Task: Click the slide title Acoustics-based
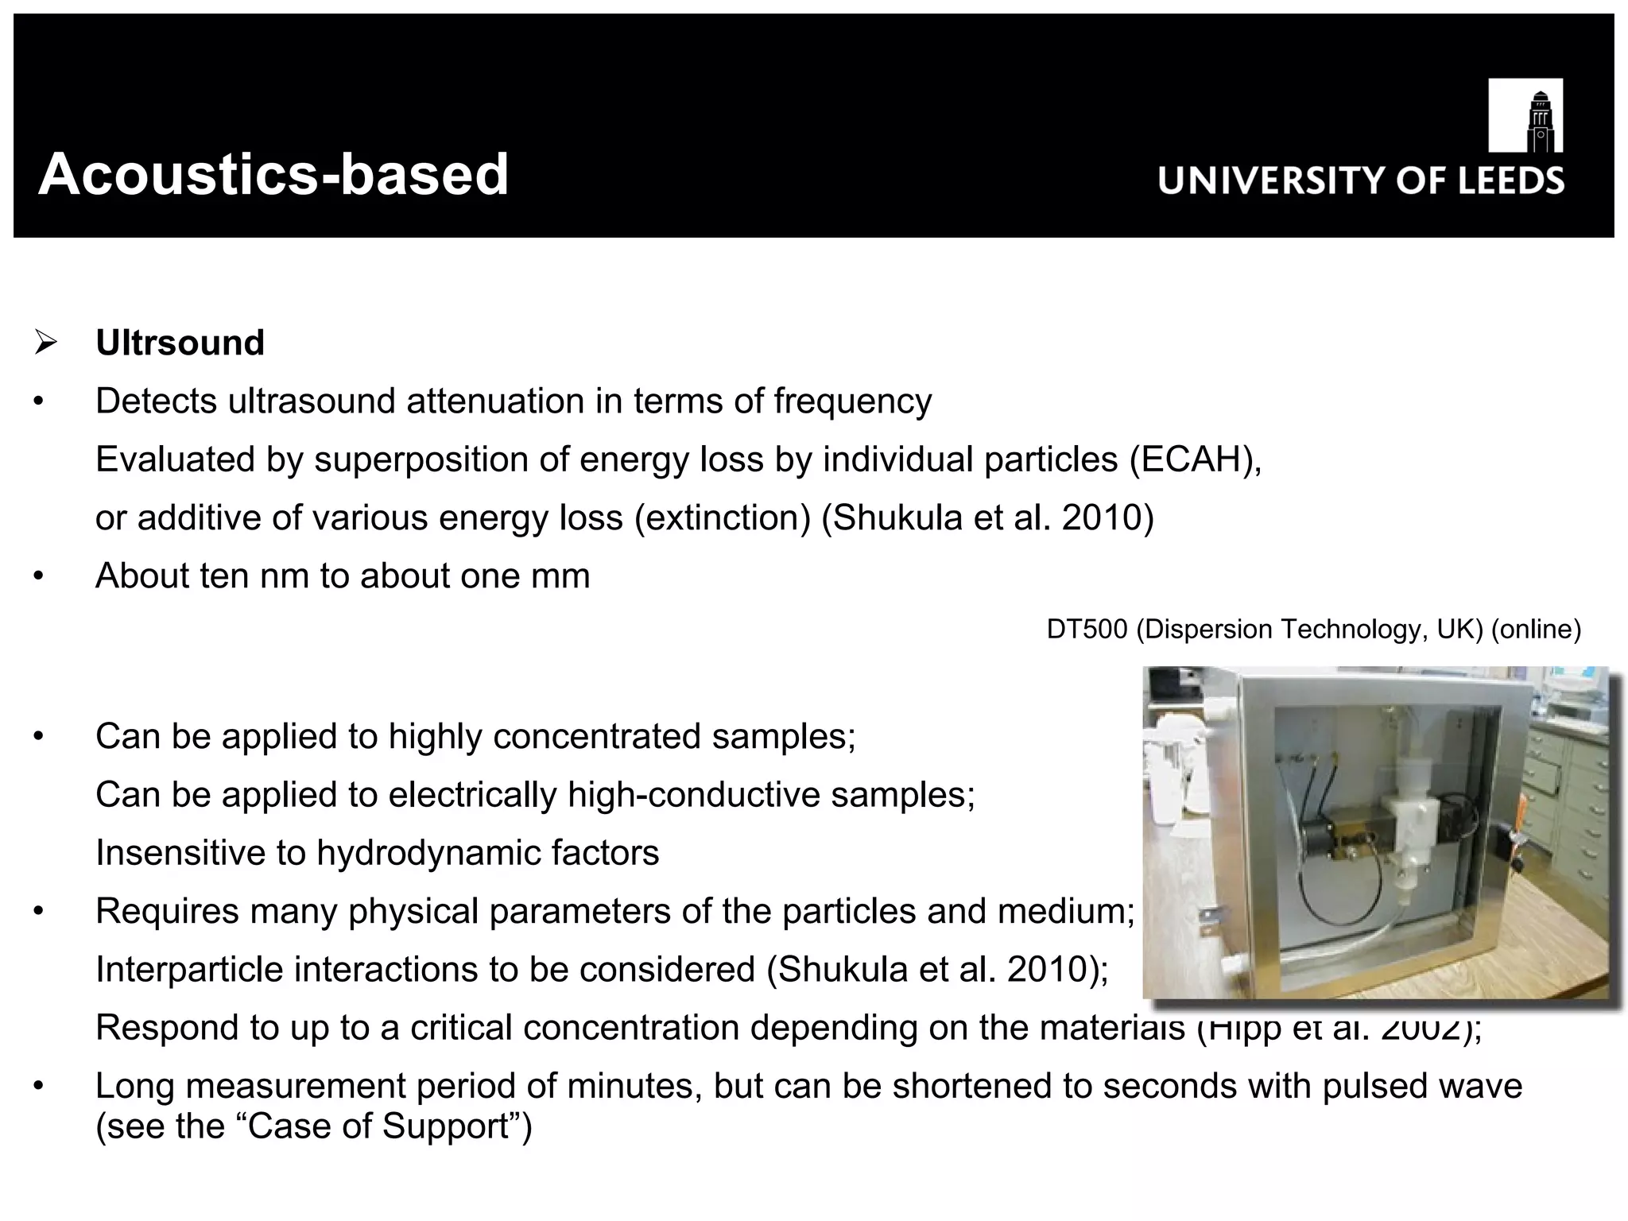click(273, 174)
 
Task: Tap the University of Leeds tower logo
click(1525, 115)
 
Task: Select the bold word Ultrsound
click(180, 343)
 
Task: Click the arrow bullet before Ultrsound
click(46, 343)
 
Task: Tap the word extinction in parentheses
click(723, 518)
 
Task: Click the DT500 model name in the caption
click(1086, 630)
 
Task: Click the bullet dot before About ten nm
click(38, 576)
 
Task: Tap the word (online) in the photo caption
click(1536, 630)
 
